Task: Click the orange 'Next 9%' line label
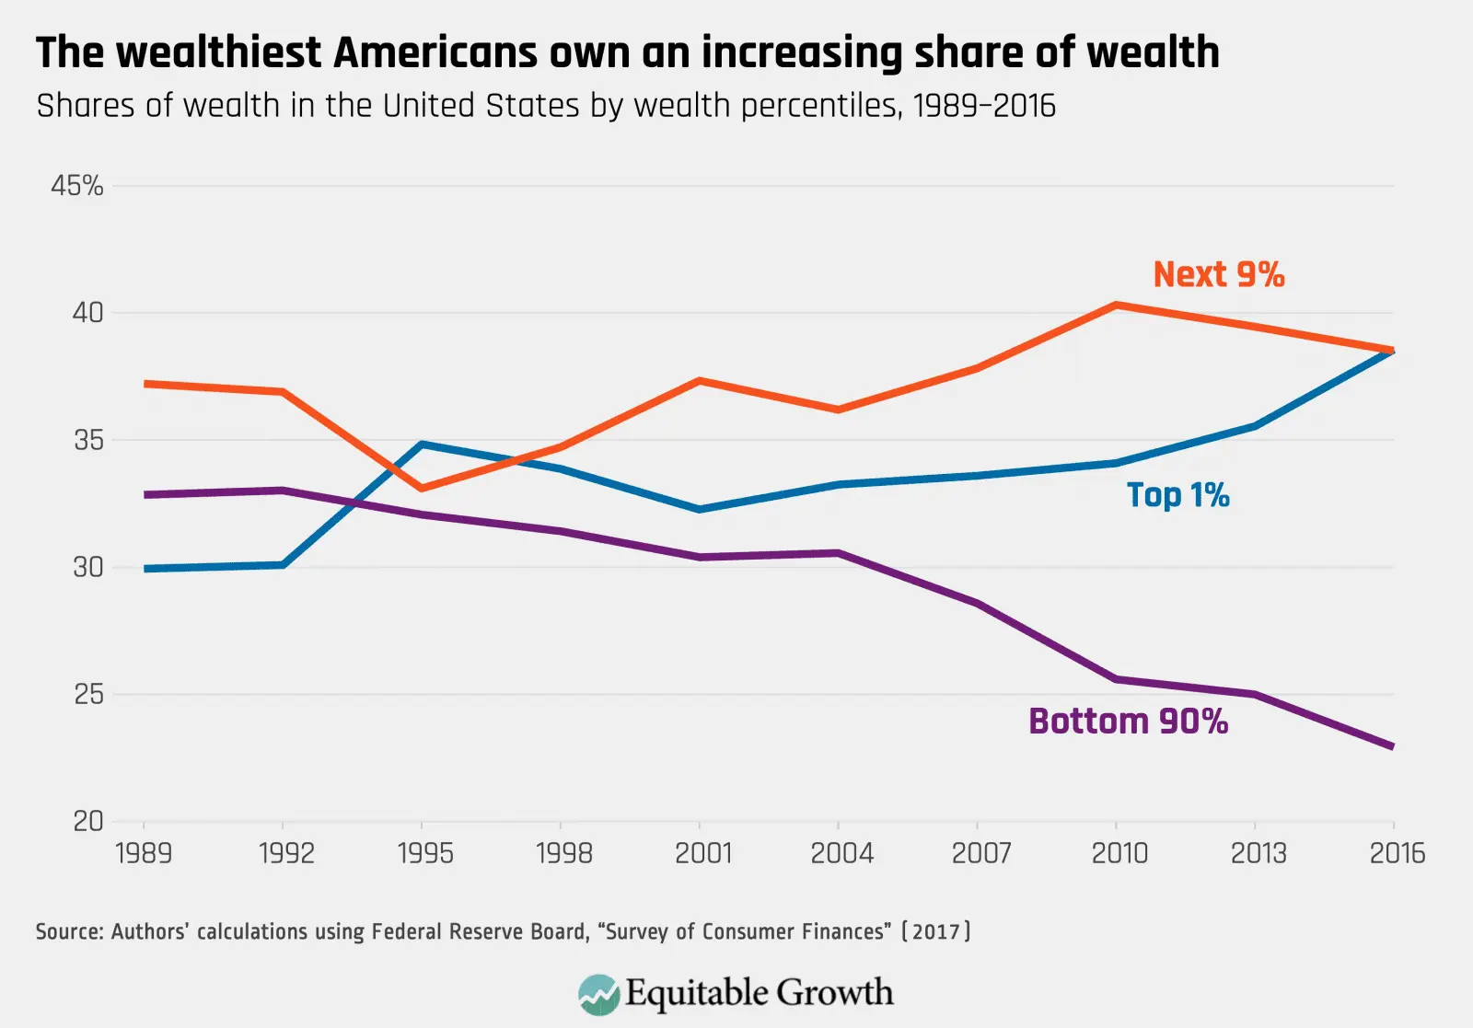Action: (1218, 274)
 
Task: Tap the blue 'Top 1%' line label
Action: (1177, 495)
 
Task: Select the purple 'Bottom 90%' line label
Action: (1128, 722)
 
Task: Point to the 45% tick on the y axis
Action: (77, 186)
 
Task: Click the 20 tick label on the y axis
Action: (87, 821)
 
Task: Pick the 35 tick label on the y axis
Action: (87, 440)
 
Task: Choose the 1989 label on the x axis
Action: (144, 853)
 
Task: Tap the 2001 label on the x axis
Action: (702, 853)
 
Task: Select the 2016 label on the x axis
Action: (1397, 853)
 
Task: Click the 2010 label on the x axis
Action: (1119, 853)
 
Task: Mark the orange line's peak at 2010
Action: (1116, 305)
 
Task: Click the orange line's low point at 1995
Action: (422, 488)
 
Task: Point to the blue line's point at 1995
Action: (422, 445)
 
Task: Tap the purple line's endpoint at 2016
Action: (1392, 746)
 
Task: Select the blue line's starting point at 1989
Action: (145, 569)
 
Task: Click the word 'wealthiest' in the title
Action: (219, 52)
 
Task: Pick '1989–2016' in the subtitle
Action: (983, 106)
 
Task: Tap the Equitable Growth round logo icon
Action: (598, 994)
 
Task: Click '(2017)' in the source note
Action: (935, 931)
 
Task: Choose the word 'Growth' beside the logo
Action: (834, 993)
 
